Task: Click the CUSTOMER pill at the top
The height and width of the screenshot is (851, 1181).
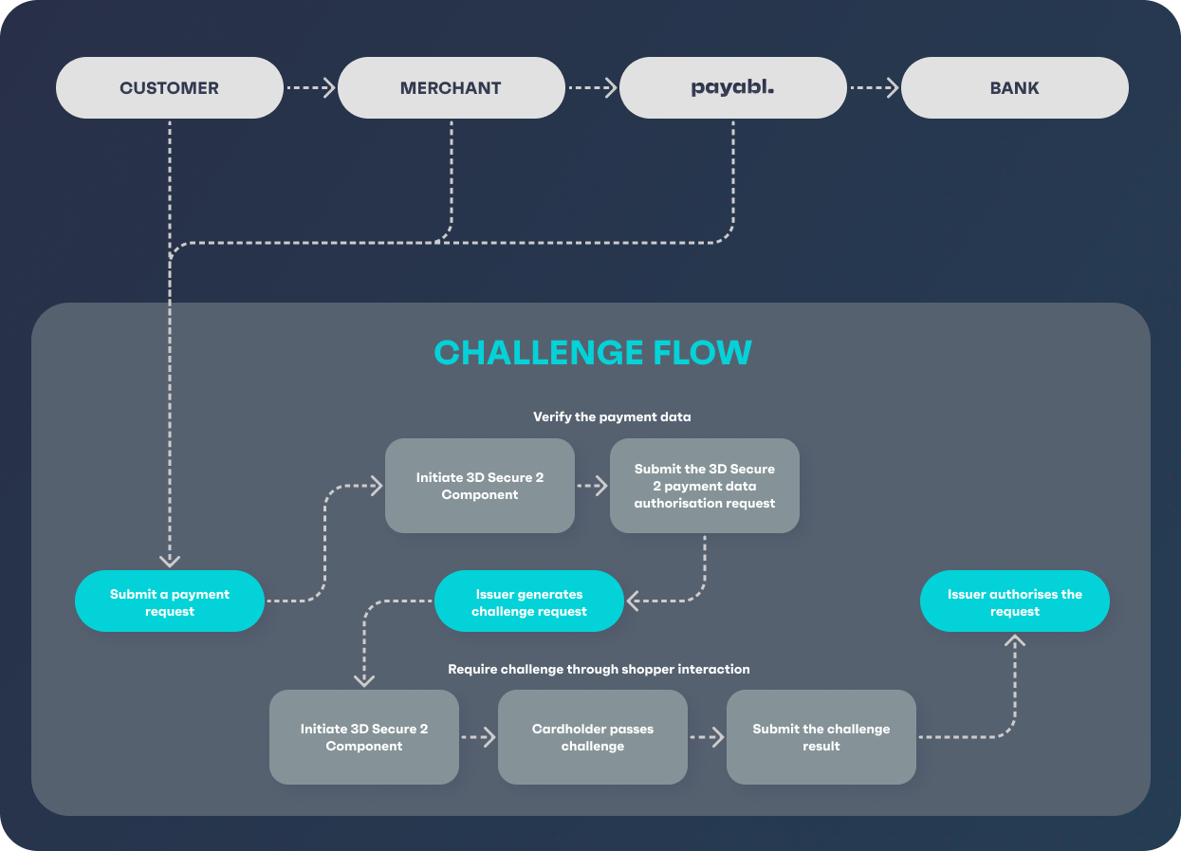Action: (x=169, y=88)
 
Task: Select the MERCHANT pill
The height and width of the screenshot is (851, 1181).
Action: (x=451, y=88)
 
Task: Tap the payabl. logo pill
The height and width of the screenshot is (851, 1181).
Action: (x=732, y=88)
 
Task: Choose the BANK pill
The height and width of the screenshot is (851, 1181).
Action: (x=1014, y=88)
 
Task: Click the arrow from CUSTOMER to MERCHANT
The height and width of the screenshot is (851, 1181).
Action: (x=310, y=88)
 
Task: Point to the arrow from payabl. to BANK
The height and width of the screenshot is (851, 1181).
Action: (x=874, y=88)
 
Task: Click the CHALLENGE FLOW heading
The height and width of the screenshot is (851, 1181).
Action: (x=593, y=353)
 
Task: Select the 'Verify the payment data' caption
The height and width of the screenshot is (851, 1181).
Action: (x=612, y=416)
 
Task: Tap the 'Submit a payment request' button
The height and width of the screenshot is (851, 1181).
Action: (x=170, y=601)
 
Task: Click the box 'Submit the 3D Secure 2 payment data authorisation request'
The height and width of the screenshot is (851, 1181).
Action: (x=704, y=486)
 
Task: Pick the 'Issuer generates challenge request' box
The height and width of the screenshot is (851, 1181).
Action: (x=529, y=601)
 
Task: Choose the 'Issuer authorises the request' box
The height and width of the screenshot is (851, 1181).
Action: (x=1014, y=601)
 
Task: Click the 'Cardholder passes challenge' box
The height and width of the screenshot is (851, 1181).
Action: (x=592, y=737)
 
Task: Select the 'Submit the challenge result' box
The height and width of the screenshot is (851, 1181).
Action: (x=821, y=737)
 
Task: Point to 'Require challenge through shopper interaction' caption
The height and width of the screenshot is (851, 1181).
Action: (x=599, y=670)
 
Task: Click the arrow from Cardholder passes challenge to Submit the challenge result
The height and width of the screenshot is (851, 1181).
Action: (x=707, y=737)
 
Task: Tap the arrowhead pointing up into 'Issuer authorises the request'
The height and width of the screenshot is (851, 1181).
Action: (x=1015, y=641)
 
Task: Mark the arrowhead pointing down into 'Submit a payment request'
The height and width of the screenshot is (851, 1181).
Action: (x=170, y=561)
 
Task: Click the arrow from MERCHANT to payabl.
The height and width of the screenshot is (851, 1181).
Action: (x=592, y=88)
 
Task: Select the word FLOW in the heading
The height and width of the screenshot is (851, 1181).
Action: (x=702, y=353)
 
